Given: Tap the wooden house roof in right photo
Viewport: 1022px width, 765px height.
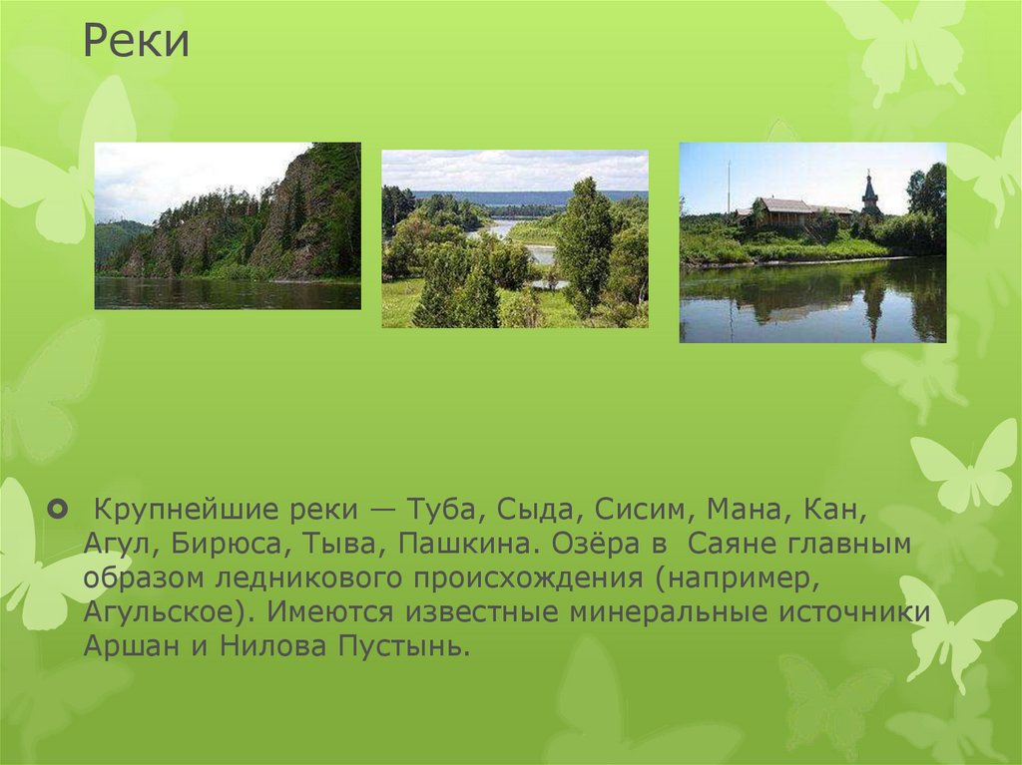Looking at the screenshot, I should [x=788, y=206].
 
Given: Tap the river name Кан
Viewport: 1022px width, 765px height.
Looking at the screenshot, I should [x=831, y=512].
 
